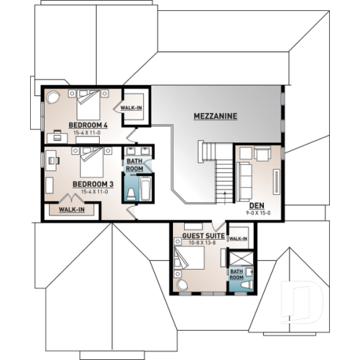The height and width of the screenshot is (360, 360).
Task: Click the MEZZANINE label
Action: point(216,117)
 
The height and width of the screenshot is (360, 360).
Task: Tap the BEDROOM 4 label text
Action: point(89,125)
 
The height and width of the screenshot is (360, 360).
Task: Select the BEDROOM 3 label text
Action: point(92,184)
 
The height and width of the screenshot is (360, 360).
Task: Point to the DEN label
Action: point(257,205)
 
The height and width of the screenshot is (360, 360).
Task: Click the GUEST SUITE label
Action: point(198,235)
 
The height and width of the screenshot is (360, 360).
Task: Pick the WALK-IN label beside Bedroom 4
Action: point(132,108)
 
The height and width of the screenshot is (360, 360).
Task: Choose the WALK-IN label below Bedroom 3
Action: point(71,210)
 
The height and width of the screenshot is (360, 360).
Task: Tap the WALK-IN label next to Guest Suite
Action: point(238,239)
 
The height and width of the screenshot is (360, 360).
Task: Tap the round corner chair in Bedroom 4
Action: point(54,97)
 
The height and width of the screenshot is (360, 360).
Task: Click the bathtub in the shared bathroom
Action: point(144,188)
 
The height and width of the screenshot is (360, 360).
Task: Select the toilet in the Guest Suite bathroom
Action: point(249,282)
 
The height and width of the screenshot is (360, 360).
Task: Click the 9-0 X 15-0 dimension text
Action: point(258,213)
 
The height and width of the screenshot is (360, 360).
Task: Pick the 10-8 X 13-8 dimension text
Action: point(198,242)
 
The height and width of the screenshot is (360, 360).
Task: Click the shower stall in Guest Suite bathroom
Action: point(238,260)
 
